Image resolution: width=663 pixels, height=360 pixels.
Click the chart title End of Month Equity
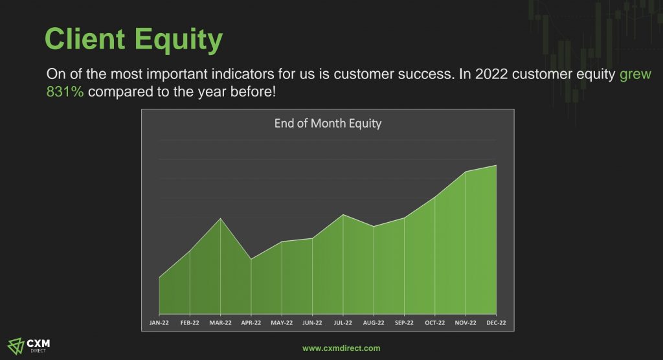click(328, 124)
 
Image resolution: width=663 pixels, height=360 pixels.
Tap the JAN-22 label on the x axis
click(159, 323)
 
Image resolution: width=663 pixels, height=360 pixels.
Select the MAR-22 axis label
click(220, 323)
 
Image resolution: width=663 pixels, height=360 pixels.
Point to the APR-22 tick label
click(251, 323)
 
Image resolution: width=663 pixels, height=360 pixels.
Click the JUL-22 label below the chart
click(343, 323)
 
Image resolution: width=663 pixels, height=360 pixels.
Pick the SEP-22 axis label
click(404, 323)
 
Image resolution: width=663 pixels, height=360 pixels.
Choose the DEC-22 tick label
click(496, 323)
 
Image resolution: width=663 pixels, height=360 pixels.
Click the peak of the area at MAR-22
click(220, 218)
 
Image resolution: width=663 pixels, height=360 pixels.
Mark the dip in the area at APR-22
click(251, 259)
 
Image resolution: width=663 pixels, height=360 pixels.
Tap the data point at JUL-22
click(343, 215)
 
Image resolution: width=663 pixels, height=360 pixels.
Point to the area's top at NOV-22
click(466, 172)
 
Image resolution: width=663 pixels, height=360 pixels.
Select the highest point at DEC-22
click(496, 165)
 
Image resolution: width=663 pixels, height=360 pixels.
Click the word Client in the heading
click(85, 39)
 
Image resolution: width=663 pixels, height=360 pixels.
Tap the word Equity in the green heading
click(179, 41)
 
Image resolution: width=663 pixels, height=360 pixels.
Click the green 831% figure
click(65, 91)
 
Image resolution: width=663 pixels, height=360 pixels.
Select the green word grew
click(635, 74)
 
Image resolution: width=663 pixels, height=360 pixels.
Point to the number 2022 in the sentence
click(491, 74)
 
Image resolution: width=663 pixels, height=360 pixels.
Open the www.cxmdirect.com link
click(341, 348)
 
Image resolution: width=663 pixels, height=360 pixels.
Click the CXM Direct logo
click(28, 346)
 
